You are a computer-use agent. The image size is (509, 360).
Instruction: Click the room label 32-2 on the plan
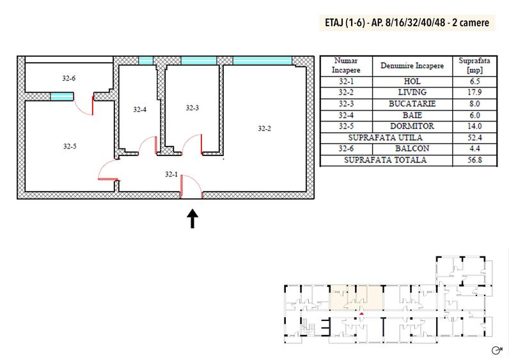pos(264,129)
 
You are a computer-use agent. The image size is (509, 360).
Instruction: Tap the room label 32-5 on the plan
pos(70,146)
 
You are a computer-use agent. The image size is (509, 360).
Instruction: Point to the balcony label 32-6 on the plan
pos(69,78)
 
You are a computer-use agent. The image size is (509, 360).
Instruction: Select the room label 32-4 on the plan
pos(139,110)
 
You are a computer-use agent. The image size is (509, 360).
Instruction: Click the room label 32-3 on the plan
pos(192,108)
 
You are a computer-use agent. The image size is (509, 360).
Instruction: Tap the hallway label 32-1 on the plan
pos(171,175)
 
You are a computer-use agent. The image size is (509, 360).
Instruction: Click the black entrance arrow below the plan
pos(192,219)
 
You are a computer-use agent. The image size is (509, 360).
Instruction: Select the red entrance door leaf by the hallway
pos(182,186)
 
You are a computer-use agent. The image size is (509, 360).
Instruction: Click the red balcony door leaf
pos(93,105)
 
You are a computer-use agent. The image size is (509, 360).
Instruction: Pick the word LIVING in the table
pos(412,92)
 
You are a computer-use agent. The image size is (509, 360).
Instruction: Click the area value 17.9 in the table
pos(474,92)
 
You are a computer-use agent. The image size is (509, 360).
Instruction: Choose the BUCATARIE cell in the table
pos(412,104)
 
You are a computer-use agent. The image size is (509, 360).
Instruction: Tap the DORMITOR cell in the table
pos(412,126)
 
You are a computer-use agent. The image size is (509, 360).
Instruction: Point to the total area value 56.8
pos(474,160)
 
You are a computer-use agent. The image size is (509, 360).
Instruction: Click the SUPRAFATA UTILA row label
pos(386,137)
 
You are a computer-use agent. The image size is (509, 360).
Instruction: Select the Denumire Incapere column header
pos(412,66)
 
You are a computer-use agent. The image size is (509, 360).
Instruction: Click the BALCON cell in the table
pos(412,148)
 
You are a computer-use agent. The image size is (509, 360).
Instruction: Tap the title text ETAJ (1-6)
pos(345,23)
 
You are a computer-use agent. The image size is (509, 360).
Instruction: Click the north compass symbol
pos(497,350)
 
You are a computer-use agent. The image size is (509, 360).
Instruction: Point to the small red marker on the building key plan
pos(362,313)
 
